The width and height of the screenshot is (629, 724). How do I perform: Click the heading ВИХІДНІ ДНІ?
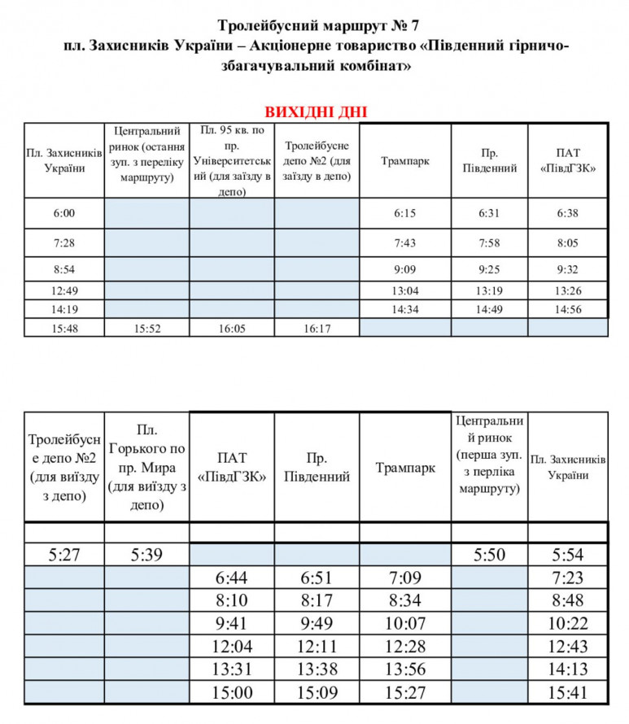313,112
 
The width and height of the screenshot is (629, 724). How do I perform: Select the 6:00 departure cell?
63,213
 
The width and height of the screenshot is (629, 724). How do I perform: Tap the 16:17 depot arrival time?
316,328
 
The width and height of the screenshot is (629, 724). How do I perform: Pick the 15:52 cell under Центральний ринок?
147,328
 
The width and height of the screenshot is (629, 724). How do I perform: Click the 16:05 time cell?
232,328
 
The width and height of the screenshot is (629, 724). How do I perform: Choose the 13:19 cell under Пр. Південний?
488,291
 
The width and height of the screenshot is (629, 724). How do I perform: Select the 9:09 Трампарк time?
404,269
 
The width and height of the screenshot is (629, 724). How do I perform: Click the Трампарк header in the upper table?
404,161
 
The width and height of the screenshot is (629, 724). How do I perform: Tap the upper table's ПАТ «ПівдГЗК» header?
567,161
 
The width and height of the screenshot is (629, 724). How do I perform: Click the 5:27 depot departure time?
64,556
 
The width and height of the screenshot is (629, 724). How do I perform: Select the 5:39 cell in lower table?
147,556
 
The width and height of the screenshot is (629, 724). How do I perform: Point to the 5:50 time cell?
489,556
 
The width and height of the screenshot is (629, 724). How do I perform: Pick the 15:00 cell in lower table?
231,692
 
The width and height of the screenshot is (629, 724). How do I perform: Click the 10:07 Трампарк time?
404,624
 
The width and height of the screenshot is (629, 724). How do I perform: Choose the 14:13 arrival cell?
568,669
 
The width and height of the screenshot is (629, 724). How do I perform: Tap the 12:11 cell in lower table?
316,647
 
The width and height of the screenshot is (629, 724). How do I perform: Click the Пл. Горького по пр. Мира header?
147,467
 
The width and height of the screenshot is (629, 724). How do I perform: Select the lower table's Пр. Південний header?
317,468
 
